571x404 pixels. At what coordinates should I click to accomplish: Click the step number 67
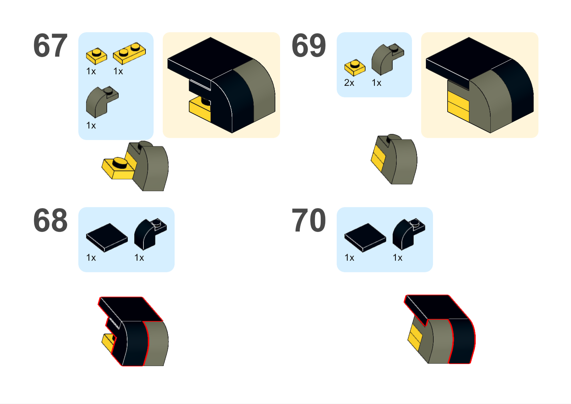coord(51,45)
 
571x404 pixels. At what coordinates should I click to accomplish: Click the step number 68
coord(51,220)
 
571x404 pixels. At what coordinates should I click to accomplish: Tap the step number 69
coord(309,45)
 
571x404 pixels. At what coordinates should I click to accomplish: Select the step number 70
coord(309,220)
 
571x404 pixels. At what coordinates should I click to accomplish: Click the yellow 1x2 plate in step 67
coord(130,53)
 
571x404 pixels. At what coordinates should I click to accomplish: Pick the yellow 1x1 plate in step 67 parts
coord(96,56)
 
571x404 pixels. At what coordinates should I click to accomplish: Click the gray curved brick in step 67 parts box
coord(101,101)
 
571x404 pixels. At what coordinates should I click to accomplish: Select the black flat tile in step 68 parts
coord(107,237)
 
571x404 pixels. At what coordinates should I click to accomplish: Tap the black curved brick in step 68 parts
coord(149,234)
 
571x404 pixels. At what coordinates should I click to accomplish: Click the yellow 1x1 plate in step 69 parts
coord(355,67)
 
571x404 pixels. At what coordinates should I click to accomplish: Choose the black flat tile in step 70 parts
coord(365,237)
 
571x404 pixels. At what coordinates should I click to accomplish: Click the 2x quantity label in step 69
coord(349,83)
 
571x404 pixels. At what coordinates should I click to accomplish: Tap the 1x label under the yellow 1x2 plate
coord(118,71)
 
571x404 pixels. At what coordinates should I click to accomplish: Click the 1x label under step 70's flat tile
coord(349,258)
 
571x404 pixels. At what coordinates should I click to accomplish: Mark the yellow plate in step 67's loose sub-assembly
coord(117,168)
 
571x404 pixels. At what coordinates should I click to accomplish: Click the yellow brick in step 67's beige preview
coord(199,109)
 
